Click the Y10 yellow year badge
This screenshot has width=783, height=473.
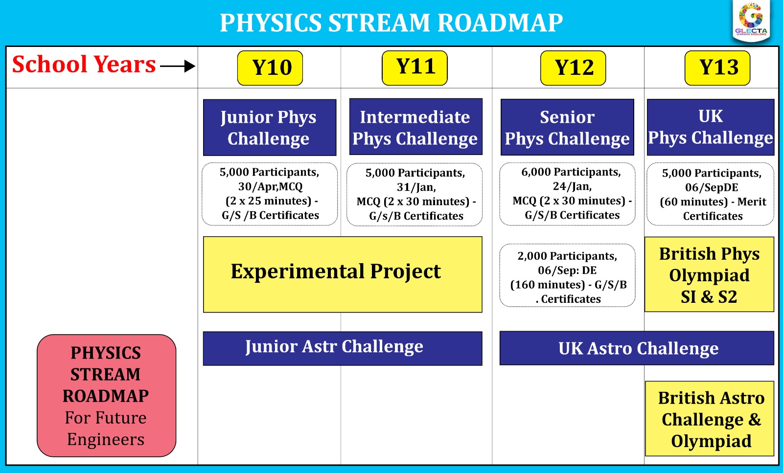pos(270,68)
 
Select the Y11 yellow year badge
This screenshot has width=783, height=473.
pos(415,68)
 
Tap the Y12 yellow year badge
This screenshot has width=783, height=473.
pos(573,68)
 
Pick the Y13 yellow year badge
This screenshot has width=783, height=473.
pos(717,68)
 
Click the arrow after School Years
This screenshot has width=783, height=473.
pos(178,66)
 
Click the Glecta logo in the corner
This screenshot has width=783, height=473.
pos(751,21)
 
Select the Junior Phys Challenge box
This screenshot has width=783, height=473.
pos(270,128)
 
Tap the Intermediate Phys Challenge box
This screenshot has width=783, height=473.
pos(415,127)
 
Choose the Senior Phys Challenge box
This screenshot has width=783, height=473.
pos(567,128)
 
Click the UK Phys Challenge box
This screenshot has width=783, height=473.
pos(711,127)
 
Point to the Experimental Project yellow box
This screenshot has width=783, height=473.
pos(343,274)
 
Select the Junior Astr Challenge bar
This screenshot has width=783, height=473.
pos(343,348)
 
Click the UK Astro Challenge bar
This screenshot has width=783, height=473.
pos(637,348)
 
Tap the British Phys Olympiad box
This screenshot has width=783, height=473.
pos(709,274)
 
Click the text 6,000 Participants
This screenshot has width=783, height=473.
pos(571,172)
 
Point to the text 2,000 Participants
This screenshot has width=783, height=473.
pos(567,256)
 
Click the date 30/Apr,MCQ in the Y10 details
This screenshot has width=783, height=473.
pos(270,187)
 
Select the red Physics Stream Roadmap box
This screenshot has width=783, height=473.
pos(106,396)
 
